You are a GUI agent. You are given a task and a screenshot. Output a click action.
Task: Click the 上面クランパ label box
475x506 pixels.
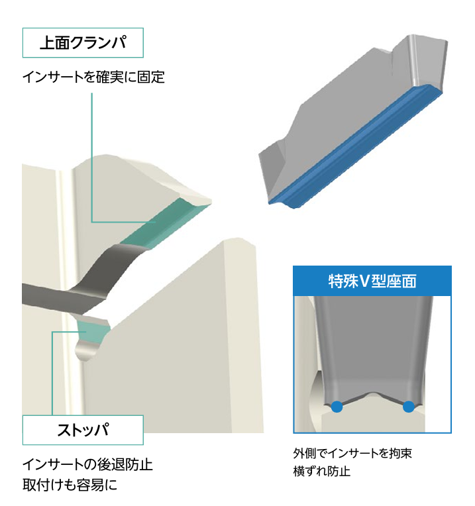[x=83, y=43]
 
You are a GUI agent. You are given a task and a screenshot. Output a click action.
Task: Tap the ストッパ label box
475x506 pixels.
[x=83, y=430]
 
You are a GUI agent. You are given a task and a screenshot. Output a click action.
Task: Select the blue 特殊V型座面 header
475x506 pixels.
[x=372, y=281]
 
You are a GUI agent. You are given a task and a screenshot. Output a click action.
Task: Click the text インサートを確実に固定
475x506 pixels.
[x=93, y=77]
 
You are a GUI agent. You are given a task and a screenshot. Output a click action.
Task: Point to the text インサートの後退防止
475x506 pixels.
[x=87, y=465]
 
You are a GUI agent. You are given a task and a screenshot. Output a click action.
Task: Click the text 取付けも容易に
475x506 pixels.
[x=70, y=485]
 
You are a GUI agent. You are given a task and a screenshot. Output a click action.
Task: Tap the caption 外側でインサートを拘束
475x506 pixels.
[x=352, y=454]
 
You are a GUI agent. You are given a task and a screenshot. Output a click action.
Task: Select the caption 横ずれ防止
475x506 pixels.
[x=322, y=471]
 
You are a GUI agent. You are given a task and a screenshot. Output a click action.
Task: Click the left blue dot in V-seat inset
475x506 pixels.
[x=337, y=407]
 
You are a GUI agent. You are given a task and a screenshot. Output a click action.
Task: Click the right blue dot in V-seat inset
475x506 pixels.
[x=409, y=407]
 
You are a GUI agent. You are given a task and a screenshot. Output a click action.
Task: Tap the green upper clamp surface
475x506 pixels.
[x=162, y=225]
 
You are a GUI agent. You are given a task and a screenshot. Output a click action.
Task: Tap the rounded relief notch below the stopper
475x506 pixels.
[x=87, y=350]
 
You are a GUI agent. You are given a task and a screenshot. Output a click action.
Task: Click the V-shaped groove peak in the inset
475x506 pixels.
[x=373, y=393]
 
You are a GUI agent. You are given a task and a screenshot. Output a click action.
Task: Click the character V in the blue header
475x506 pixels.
[x=364, y=281]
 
